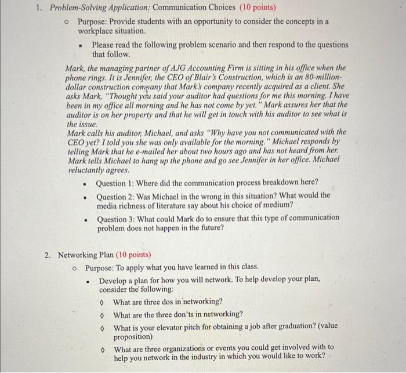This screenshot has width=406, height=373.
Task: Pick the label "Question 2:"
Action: [x=115, y=195]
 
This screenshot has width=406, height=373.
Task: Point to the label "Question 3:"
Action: [x=115, y=218]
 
